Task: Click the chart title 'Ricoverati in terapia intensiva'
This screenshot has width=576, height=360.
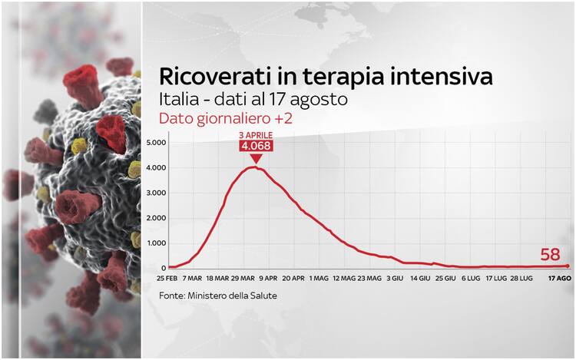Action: coord(326,77)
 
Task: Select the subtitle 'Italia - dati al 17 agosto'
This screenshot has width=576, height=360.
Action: coord(253,100)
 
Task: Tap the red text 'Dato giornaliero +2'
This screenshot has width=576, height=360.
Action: coord(226,119)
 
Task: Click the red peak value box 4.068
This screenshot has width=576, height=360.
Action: coord(256,146)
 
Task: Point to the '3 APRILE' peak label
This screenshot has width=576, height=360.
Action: coord(256,135)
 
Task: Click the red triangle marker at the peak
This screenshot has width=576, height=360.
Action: coord(256,158)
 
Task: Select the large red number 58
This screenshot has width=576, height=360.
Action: coord(550,254)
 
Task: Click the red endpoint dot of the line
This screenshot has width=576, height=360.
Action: coord(568,266)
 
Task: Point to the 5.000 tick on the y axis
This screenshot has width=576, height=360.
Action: coord(156,142)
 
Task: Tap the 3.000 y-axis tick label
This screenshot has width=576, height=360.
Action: coord(156,193)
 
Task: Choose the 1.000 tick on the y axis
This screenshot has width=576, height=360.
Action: coord(157,243)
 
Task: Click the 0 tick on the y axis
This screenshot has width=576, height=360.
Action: coord(164,268)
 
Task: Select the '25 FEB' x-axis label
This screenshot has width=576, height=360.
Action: coord(167,278)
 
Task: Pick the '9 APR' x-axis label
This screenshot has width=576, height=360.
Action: coord(268,278)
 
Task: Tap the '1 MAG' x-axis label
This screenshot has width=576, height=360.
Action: coord(319,278)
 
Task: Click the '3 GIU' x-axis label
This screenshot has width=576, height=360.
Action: coord(395,278)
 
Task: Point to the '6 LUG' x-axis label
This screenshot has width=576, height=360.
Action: coord(471,278)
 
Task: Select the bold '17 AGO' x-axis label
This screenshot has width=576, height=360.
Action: coord(560,278)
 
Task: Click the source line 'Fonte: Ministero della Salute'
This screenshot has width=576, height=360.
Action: coord(218,296)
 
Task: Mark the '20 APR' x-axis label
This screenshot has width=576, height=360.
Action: coord(293,278)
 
